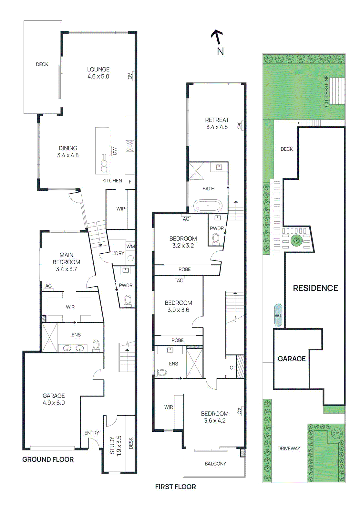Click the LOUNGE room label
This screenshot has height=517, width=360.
point(98,69)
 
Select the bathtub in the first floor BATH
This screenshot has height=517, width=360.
point(208,206)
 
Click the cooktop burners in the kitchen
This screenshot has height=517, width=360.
point(130,146)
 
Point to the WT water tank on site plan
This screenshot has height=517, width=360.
point(278,315)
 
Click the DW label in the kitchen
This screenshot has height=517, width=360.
point(114,151)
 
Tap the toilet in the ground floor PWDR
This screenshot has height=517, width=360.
point(128,300)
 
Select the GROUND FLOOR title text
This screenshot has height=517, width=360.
point(48,459)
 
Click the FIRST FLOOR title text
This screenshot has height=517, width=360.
point(175,487)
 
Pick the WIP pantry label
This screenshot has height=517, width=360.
point(120,209)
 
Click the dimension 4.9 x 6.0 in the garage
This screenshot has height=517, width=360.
point(54,403)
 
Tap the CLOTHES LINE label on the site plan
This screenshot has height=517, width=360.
point(326,91)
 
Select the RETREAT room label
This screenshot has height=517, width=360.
point(217,120)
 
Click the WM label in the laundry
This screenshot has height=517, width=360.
point(130,247)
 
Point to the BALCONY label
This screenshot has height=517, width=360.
point(215,464)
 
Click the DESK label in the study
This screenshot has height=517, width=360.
point(131,443)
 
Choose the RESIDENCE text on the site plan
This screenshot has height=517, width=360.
point(315,288)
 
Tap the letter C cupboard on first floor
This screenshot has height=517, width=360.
point(231,368)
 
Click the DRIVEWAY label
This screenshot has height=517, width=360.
point(289,448)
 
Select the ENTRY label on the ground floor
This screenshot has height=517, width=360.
point(92,433)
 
